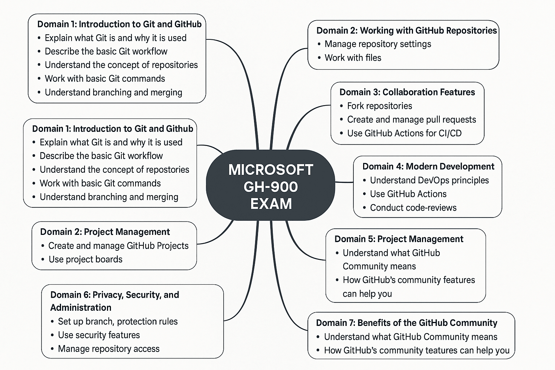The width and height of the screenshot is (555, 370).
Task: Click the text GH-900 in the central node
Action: point(271,187)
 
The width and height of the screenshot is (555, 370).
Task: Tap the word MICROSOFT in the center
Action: point(271,170)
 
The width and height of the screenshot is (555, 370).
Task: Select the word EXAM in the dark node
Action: point(271,204)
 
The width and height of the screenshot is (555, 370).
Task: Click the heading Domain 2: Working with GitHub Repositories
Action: point(406,30)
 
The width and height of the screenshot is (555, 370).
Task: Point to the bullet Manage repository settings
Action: point(378,44)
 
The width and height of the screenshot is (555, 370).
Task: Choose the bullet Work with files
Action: point(353,58)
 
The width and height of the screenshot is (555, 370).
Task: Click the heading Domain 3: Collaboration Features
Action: point(407,92)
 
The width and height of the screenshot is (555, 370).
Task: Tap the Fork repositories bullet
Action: point(379,106)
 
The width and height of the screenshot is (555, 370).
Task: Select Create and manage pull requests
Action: point(411,120)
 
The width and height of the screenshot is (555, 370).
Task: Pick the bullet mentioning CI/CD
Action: point(404,133)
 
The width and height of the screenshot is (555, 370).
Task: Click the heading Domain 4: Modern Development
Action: point(428,167)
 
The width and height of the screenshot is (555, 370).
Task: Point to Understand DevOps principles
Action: point(429,180)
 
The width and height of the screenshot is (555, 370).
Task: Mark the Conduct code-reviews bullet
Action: point(413,208)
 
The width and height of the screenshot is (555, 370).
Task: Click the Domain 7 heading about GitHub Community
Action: point(406,323)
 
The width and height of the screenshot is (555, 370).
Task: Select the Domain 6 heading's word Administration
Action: point(81,308)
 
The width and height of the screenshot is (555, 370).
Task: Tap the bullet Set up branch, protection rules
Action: point(118,322)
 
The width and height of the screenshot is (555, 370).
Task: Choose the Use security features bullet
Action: point(99,335)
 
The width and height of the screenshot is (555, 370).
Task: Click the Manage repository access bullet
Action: point(108,349)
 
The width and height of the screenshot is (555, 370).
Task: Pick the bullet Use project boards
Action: point(85,259)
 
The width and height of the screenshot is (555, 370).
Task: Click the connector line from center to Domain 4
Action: point(344,182)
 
